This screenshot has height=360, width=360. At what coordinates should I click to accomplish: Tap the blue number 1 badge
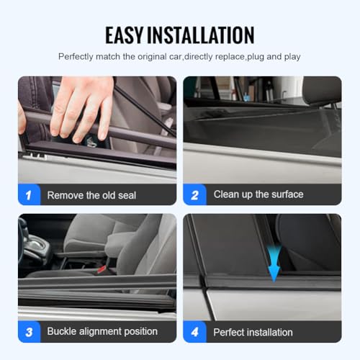(x=28, y=194)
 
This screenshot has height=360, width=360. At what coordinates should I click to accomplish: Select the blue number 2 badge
(x=194, y=194)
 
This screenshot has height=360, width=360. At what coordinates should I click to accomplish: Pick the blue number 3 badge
(x=28, y=331)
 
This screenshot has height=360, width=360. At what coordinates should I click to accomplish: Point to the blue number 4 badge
(x=194, y=331)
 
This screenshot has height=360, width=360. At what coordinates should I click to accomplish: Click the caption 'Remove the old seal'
(x=91, y=195)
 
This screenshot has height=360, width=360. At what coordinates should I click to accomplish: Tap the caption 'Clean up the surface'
(x=258, y=194)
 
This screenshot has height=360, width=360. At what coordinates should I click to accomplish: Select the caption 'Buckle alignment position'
(x=102, y=332)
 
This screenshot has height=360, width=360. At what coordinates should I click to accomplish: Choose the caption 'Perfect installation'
(x=253, y=333)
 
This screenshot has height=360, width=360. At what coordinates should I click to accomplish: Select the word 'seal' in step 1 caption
(x=126, y=195)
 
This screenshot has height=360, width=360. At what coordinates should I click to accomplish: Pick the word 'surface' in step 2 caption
(x=286, y=194)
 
